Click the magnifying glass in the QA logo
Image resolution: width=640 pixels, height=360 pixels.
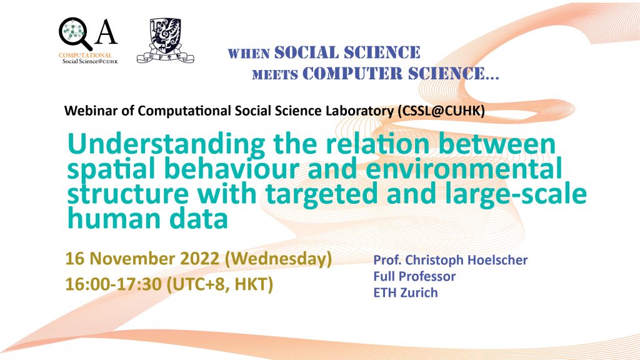[75, 34]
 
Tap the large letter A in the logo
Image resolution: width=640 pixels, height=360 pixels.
[106, 31]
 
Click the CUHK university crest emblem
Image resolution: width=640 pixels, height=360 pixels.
[165, 41]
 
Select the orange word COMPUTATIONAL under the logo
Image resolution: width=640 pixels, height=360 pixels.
[85, 55]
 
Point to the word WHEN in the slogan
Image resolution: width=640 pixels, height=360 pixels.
[249, 54]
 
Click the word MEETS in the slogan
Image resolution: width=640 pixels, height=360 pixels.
[275, 75]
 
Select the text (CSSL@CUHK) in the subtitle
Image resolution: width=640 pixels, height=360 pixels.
[441, 111]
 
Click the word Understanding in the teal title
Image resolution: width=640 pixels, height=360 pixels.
[166, 145]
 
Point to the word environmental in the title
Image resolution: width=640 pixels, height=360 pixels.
[464, 169]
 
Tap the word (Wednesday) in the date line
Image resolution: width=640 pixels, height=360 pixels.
[278, 259]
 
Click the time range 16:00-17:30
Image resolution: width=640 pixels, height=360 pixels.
[114, 284]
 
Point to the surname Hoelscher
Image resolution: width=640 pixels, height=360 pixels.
[497, 260]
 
